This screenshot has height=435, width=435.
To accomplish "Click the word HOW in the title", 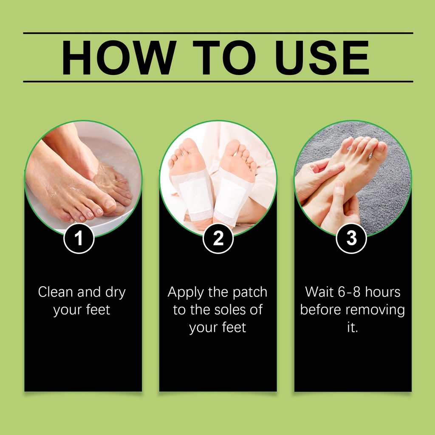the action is coord(119,58).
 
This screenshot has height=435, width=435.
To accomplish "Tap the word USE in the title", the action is coord(322,58).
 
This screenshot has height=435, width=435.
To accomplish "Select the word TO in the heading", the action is coord(224,58).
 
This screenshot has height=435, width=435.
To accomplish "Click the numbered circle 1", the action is coord(79,238).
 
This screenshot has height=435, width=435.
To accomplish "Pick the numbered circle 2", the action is coord(218,238).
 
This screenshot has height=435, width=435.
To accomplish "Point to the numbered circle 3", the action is coord(351,238).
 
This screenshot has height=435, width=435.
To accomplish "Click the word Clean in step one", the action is coord(56,292).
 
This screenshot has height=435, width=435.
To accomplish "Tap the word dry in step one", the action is coord(116,293).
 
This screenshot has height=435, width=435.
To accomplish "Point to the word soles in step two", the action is coord(229,310).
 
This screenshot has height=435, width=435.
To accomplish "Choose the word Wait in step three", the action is coord(319,292).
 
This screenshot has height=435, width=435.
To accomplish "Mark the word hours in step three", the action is coord(383,292).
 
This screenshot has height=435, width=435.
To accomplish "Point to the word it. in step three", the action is coord(353,328).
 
